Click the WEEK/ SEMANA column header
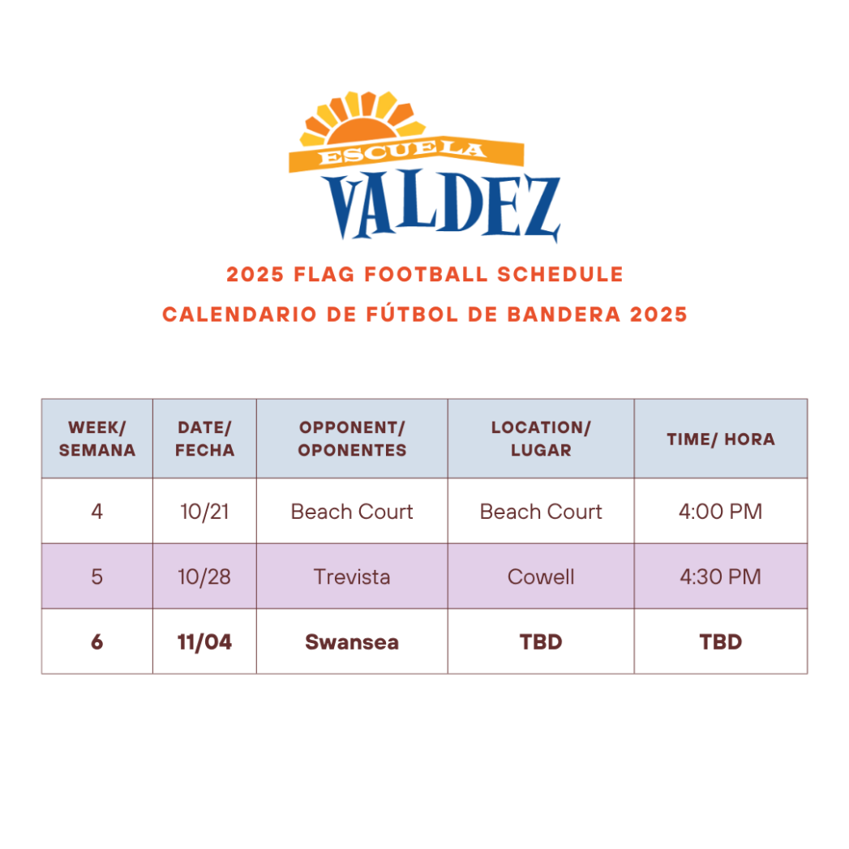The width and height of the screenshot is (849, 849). tap(97, 439)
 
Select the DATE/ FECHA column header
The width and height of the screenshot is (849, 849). tap(204, 439)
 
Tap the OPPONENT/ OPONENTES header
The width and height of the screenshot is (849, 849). tap(352, 439)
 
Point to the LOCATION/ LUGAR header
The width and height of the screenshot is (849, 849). tap(541, 439)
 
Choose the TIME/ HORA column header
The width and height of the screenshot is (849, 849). tap(721, 440)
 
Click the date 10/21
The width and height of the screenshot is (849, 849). tap(204, 512)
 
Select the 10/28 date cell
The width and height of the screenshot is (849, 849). tap(204, 577)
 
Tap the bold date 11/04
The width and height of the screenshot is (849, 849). tap(204, 642)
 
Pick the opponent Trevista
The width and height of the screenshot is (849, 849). tap(352, 577)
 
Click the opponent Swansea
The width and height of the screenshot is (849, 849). tap(352, 642)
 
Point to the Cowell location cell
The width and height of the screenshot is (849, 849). tap(541, 577)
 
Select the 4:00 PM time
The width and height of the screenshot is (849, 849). tap(721, 512)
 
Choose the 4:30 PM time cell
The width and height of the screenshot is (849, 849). tap(721, 577)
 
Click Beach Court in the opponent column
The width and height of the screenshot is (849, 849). tap(352, 512)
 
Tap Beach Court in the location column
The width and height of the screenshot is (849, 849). tap(541, 512)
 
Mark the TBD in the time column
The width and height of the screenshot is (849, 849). tap(721, 642)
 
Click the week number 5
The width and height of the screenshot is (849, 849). tap(97, 577)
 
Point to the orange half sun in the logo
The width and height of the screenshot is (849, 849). tap(362, 132)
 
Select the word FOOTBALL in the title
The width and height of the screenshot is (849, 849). tap(427, 274)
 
